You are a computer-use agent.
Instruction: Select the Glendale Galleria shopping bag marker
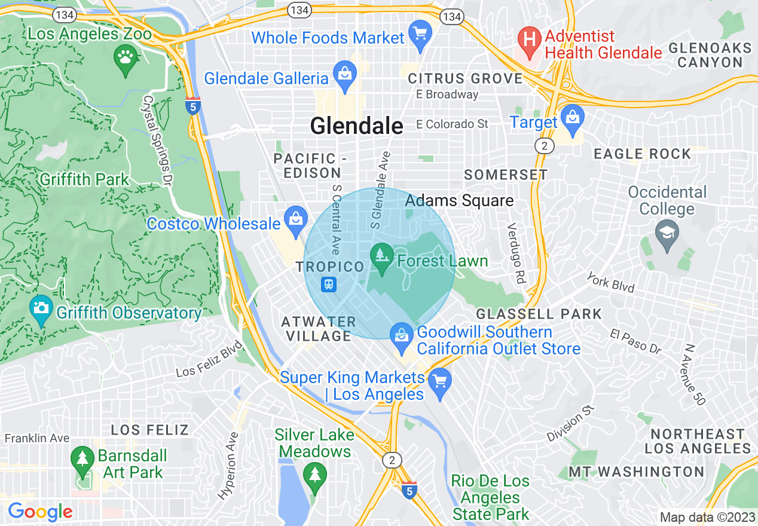coord(345,74)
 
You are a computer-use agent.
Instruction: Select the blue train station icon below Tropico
coord(329,285)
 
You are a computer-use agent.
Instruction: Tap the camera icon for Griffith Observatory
coord(41,308)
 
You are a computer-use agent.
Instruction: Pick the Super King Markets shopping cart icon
coord(441,381)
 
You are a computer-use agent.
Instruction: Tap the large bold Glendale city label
coord(356,126)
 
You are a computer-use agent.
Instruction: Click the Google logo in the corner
coord(39,512)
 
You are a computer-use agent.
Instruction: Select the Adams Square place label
coord(459,200)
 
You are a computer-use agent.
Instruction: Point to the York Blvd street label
coord(610,282)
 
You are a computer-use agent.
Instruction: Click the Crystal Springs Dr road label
coord(158,133)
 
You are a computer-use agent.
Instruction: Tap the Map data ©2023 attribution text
coord(707,517)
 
